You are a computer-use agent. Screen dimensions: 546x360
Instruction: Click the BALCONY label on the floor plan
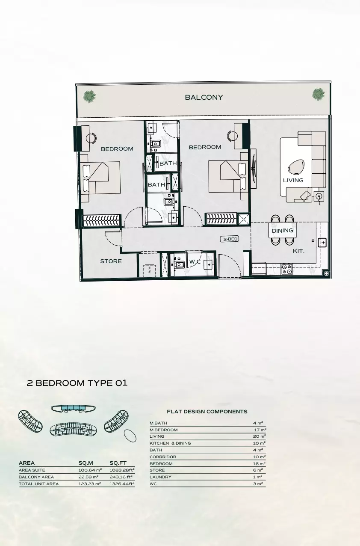[204, 98]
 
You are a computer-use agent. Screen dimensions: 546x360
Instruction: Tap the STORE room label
[111, 261]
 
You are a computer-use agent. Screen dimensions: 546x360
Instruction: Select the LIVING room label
[293, 181]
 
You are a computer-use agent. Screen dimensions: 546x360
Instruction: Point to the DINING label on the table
[283, 231]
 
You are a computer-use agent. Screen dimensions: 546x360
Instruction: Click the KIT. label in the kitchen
[298, 251]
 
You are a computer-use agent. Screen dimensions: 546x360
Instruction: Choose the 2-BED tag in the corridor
[230, 239]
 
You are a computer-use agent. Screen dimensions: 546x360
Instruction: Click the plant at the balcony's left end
[90, 96]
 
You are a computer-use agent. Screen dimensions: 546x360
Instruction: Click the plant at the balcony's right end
[318, 94]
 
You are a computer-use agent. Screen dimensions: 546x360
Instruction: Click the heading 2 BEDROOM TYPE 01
[77, 383]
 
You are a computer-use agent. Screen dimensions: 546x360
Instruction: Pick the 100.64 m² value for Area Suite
[90, 470]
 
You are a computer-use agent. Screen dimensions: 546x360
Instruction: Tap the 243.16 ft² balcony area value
[121, 477]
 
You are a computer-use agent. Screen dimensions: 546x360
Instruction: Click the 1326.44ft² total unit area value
[122, 484]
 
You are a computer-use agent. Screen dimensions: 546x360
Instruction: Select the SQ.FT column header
[118, 463]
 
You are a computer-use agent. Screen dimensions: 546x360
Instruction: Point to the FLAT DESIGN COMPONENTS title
[207, 412]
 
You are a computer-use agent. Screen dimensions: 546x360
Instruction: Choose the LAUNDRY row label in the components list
[160, 477]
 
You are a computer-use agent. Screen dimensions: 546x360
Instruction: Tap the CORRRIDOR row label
[163, 457]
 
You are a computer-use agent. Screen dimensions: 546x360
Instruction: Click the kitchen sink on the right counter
[323, 242]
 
